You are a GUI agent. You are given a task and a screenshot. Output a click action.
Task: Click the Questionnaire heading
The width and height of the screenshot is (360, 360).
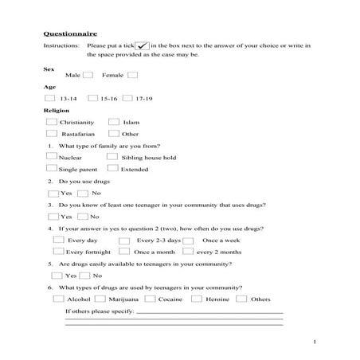pyautogui.click(x=67, y=34)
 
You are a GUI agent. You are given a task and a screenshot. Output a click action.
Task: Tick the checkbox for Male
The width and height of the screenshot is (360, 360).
pyautogui.click(x=88, y=75)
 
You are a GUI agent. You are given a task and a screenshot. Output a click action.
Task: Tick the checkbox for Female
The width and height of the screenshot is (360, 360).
pyautogui.click(x=132, y=75)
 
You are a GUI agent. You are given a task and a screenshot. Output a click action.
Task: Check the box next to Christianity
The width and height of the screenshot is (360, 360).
pyautogui.click(x=52, y=122)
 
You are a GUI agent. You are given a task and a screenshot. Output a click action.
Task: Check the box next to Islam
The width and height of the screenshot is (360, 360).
pyautogui.click(x=113, y=122)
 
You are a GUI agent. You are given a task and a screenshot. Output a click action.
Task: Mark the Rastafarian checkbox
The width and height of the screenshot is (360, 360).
pyautogui.click(x=52, y=134)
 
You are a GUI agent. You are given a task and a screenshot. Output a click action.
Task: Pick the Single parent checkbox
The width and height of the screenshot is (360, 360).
pyautogui.click(x=52, y=169)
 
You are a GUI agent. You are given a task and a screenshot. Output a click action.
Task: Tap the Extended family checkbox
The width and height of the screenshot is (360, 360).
pyautogui.click(x=112, y=169)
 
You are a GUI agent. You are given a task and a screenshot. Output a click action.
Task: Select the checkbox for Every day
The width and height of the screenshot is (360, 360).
pyautogui.click(x=58, y=239)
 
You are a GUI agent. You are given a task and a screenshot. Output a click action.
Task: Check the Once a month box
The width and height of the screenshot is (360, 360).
pyautogui.click(x=125, y=251)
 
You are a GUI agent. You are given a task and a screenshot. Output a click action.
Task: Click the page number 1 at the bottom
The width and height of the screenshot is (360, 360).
pyautogui.click(x=315, y=342)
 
